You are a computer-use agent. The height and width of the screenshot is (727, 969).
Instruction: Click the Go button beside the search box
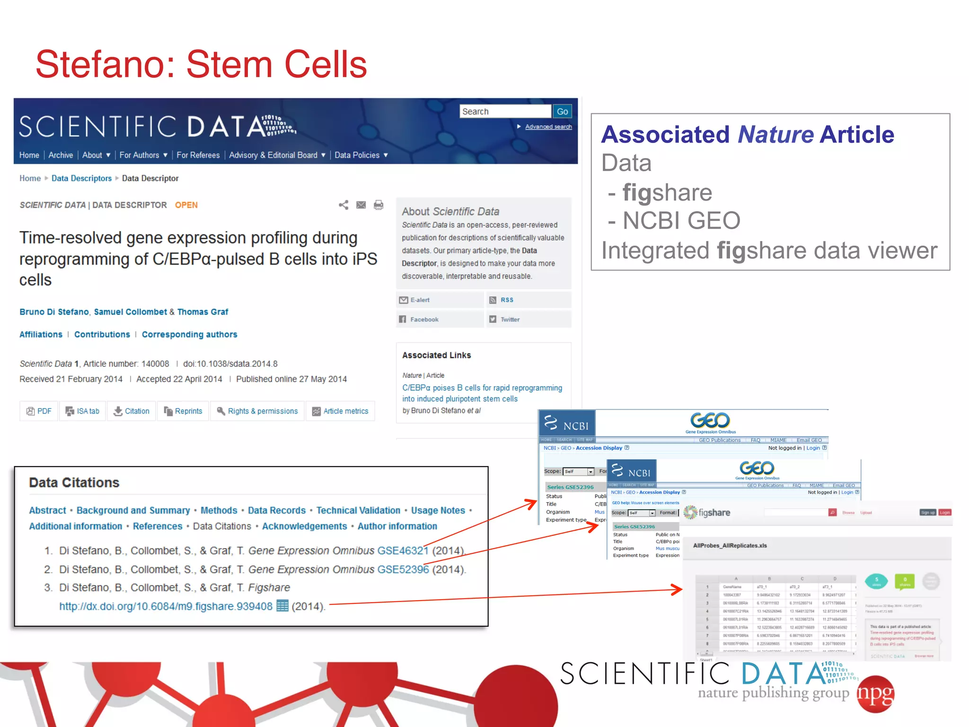[x=562, y=112]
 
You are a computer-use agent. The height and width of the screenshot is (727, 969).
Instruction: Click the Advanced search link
[x=548, y=127]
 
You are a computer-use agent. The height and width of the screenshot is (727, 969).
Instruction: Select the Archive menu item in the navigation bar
[x=61, y=155]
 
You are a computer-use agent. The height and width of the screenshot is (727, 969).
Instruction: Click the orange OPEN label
[x=186, y=205]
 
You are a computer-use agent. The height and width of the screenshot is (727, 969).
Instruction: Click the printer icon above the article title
[x=378, y=205]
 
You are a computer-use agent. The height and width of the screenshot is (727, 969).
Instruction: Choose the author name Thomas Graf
[x=203, y=312]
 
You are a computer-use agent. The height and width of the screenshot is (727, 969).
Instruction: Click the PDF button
[x=39, y=411]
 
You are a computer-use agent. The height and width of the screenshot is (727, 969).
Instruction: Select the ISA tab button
[x=83, y=411]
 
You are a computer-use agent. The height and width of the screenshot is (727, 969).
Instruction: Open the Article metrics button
[x=340, y=411]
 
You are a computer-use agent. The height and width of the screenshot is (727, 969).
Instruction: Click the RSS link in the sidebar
[x=506, y=300]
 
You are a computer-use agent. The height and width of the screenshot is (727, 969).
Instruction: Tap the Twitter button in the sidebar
[x=510, y=319]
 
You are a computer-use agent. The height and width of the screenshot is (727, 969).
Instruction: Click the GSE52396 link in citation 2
[x=403, y=569]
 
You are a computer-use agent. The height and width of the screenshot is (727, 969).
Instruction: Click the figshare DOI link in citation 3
[x=166, y=606]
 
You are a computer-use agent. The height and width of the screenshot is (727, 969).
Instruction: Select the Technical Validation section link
[x=358, y=510]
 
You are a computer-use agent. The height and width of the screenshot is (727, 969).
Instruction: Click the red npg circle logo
[x=876, y=694]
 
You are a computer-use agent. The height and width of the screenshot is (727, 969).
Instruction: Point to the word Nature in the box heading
[x=775, y=134]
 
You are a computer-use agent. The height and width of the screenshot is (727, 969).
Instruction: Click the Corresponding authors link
[x=189, y=335]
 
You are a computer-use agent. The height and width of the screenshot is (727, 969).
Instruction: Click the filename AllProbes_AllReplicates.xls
[x=730, y=546]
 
